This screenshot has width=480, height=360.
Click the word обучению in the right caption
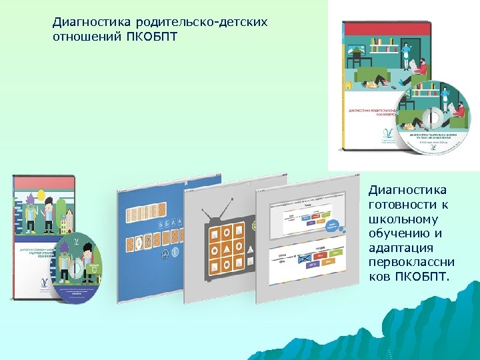[397, 233]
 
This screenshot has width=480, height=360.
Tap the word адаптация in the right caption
[399, 248]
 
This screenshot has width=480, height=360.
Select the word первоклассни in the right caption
[407, 262]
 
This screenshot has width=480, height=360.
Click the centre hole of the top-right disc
[433, 117]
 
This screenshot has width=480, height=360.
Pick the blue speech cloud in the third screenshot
[332, 227]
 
